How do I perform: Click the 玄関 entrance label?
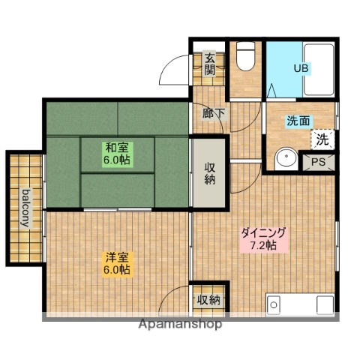click(x=210, y=64)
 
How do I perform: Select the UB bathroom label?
click(x=300, y=69)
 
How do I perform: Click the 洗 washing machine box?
click(x=322, y=139)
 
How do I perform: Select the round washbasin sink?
click(x=285, y=160)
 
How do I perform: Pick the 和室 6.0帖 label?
click(x=117, y=153)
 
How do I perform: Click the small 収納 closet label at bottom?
click(x=209, y=300)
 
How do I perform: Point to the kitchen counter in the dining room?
click(x=300, y=305)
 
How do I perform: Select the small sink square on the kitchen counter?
click(x=274, y=305)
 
